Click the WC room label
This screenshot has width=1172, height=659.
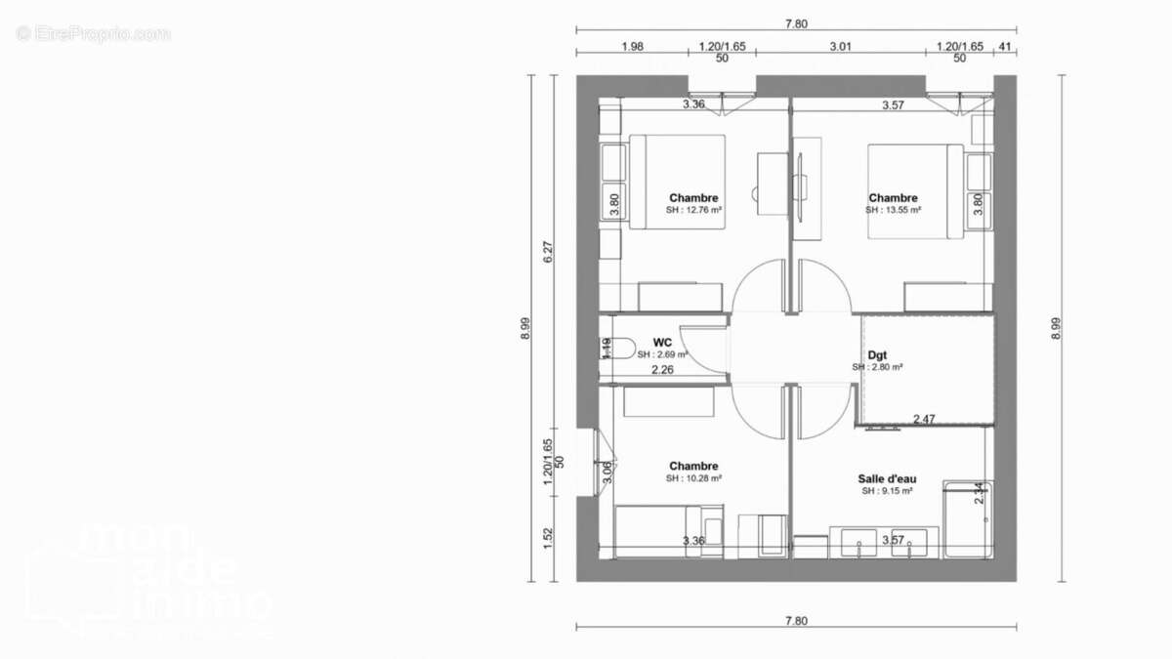coord(661,342)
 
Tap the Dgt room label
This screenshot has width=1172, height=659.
coord(876,355)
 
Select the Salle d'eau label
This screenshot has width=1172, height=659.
coord(887,479)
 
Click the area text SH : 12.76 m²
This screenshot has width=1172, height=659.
coord(693,210)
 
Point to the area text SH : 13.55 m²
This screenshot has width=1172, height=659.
coord(893,210)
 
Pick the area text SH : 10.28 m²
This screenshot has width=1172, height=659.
coord(693,478)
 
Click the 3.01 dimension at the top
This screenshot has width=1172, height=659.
coord(841,46)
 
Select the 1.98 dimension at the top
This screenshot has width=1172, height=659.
coord(632,46)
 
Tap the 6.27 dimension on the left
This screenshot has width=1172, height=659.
coord(548,251)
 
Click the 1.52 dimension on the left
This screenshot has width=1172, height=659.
coord(548,537)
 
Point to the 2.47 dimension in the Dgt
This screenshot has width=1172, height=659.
coord(924,419)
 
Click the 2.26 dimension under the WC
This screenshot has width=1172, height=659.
coord(662,370)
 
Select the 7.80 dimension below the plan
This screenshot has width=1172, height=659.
coord(796,620)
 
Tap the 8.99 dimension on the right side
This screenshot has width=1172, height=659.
coord(1055,329)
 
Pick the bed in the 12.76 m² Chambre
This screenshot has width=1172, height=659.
coord(678,182)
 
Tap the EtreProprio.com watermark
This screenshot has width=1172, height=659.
coord(93,34)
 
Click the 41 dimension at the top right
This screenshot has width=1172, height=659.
coord(1004,46)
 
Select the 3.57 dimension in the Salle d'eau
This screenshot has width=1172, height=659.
coord(892,540)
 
